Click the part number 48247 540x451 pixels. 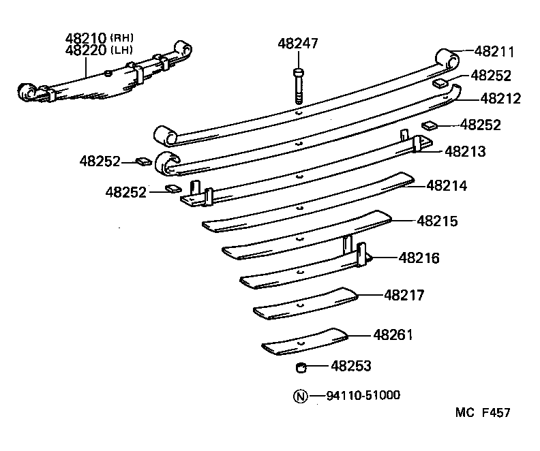(298, 44)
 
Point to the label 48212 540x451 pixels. (500, 99)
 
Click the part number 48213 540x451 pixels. (466, 151)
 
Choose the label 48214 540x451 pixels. (447, 185)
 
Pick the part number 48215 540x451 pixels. (437, 221)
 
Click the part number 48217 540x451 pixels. (404, 295)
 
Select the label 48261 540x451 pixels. (393, 335)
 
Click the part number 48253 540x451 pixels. (351, 367)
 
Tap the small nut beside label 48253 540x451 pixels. (299, 368)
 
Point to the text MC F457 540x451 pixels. (483, 413)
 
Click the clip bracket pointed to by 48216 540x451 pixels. (361, 255)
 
